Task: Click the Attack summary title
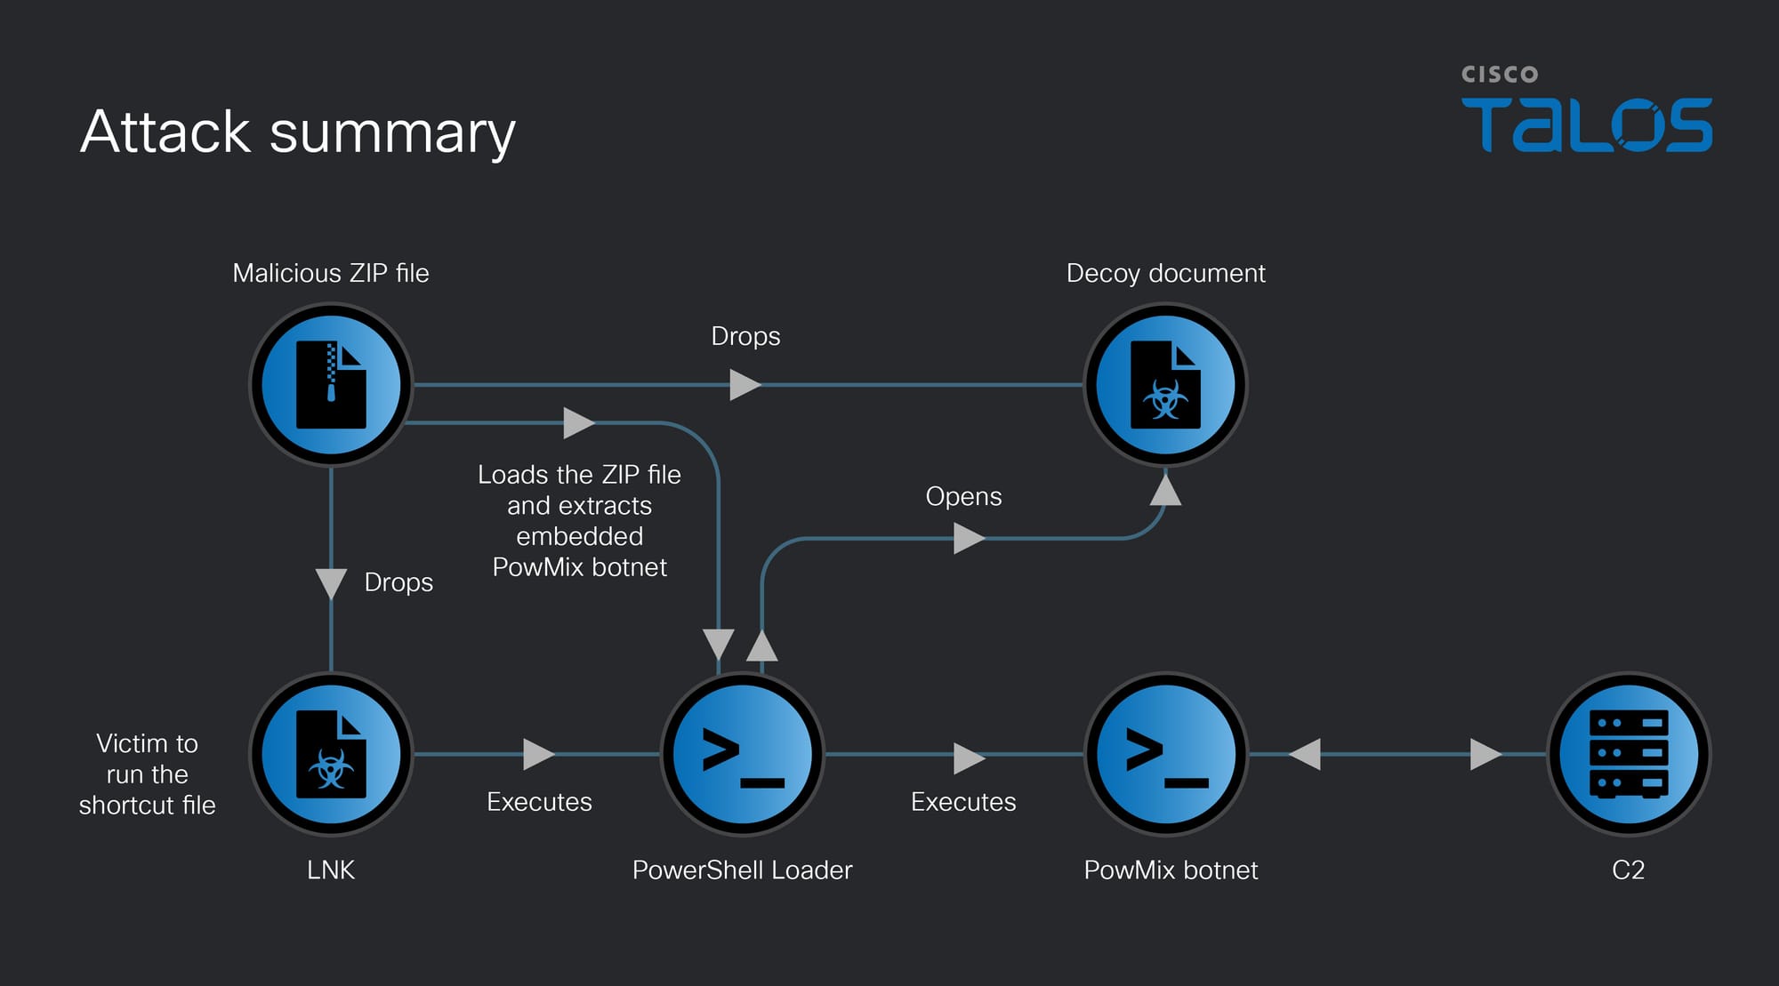(x=297, y=132)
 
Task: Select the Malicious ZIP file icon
(x=331, y=385)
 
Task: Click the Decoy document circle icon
(x=1165, y=385)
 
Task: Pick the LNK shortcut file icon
(x=331, y=754)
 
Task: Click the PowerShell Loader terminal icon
(x=742, y=754)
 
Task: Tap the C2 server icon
(x=1628, y=754)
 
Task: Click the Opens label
(x=963, y=496)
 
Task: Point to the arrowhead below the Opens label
(x=968, y=538)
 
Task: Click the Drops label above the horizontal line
(x=745, y=336)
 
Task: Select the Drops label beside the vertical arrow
(x=398, y=582)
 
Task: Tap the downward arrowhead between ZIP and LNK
(x=331, y=583)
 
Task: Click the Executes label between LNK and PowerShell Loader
(x=539, y=802)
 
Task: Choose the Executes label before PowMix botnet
(x=963, y=802)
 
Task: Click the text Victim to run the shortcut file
(x=148, y=774)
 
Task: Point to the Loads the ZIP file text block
(x=579, y=521)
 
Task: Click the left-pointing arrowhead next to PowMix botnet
(x=1306, y=754)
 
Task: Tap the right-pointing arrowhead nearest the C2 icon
(x=1485, y=754)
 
